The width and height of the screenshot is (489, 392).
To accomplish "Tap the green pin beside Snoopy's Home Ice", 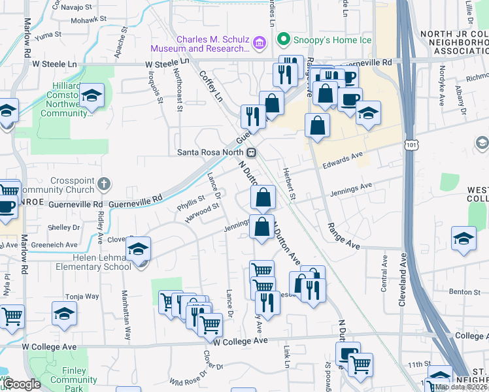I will [283, 41].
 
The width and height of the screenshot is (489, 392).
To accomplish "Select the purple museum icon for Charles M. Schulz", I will [261, 43].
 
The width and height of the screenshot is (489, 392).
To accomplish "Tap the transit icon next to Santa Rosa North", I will [252, 152].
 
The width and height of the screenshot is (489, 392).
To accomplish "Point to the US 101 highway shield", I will [411, 141].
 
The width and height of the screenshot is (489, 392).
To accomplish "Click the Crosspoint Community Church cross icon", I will [104, 185].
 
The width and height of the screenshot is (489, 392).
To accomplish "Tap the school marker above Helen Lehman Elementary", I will [138, 249].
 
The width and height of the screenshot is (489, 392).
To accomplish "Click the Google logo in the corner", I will [22, 384].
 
